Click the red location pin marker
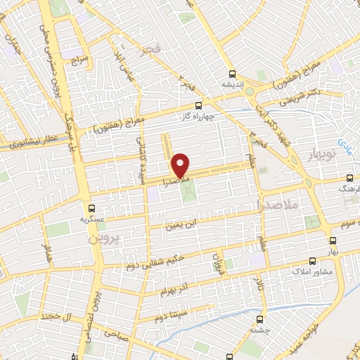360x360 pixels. [181, 165]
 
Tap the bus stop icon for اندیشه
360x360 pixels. [232, 74]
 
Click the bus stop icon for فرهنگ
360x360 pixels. [350, 179]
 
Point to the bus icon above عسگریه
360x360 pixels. [91, 207]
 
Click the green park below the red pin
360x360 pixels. [188, 191]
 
